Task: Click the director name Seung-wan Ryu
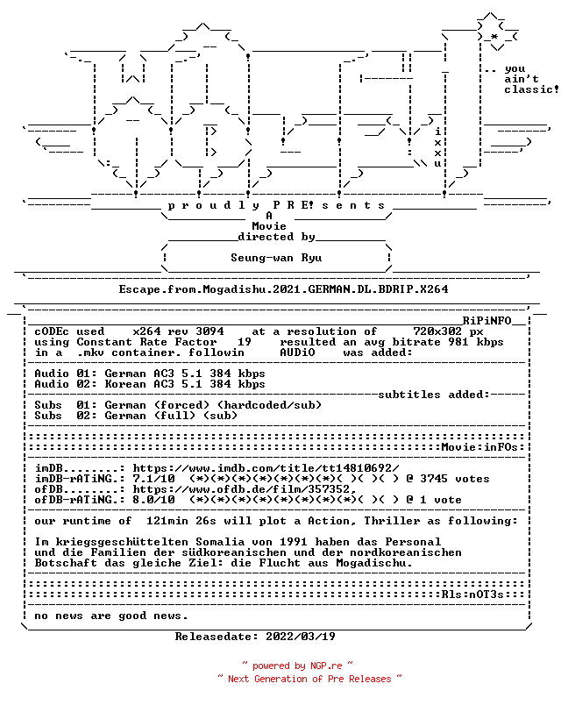tap(276, 258)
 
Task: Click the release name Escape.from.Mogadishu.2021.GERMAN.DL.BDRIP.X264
tap(283, 289)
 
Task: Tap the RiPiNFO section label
tap(487, 321)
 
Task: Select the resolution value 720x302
tap(437, 331)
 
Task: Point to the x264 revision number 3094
tap(209, 331)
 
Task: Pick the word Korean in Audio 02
tap(125, 384)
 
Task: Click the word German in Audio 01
tap(125, 374)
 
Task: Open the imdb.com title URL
tap(266, 468)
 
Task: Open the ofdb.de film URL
tap(245, 489)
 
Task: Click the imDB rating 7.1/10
tap(153, 479)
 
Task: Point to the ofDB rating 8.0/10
tap(153, 500)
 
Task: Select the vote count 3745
tap(434, 479)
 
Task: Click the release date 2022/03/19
tap(301, 637)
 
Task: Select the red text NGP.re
tap(326, 666)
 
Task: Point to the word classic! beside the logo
tap(531, 89)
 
